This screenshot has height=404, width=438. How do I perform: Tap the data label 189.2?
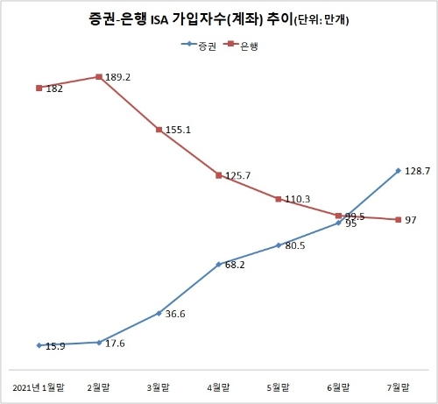118,77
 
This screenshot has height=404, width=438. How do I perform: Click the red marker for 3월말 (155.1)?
159,130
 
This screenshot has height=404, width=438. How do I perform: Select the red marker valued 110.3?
279,199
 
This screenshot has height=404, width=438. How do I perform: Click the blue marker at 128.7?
399,171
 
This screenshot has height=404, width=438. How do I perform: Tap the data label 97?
411,220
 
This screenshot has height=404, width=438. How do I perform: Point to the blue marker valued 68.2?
218,264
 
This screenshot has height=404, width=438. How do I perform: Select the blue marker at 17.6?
99,342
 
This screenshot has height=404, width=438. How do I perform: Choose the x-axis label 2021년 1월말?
39,386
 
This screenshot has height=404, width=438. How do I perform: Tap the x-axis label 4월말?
218,386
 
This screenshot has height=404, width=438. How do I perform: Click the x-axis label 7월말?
398,386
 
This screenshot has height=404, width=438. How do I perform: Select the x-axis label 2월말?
99,386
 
